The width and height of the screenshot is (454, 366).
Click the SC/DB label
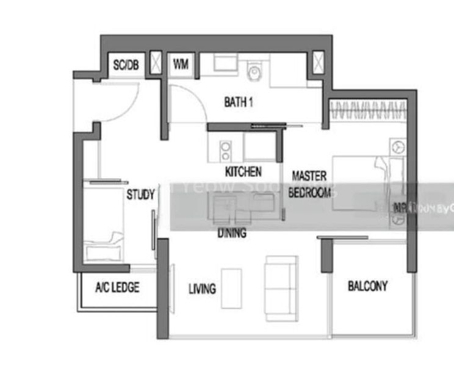tap(126, 64)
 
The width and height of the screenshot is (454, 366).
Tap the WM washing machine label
tap(181, 64)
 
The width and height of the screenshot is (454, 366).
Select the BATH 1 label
tap(239, 102)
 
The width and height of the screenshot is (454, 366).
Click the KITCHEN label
tap(243, 171)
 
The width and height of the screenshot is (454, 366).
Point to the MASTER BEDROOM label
tap(311, 184)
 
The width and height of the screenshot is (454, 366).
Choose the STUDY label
tap(140, 195)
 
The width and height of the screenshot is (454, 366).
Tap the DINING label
tap(232, 232)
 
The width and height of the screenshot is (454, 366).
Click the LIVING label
tap(202, 288)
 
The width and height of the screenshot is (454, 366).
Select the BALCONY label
tap(367, 285)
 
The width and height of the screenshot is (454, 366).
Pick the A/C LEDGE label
tap(117, 287)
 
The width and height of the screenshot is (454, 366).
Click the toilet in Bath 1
tap(254, 73)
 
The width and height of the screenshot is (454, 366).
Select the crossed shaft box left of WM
tap(156, 64)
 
